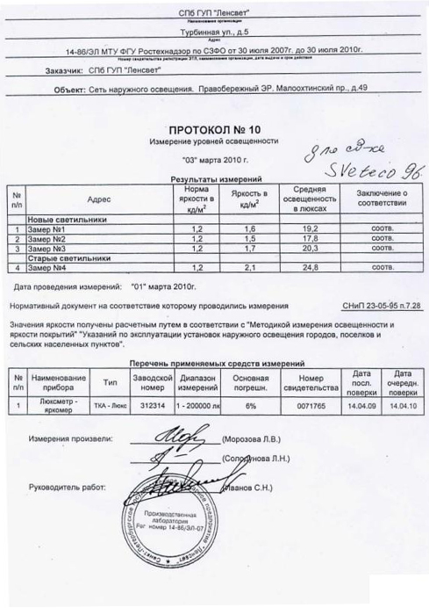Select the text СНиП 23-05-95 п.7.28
[x=379, y=308]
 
